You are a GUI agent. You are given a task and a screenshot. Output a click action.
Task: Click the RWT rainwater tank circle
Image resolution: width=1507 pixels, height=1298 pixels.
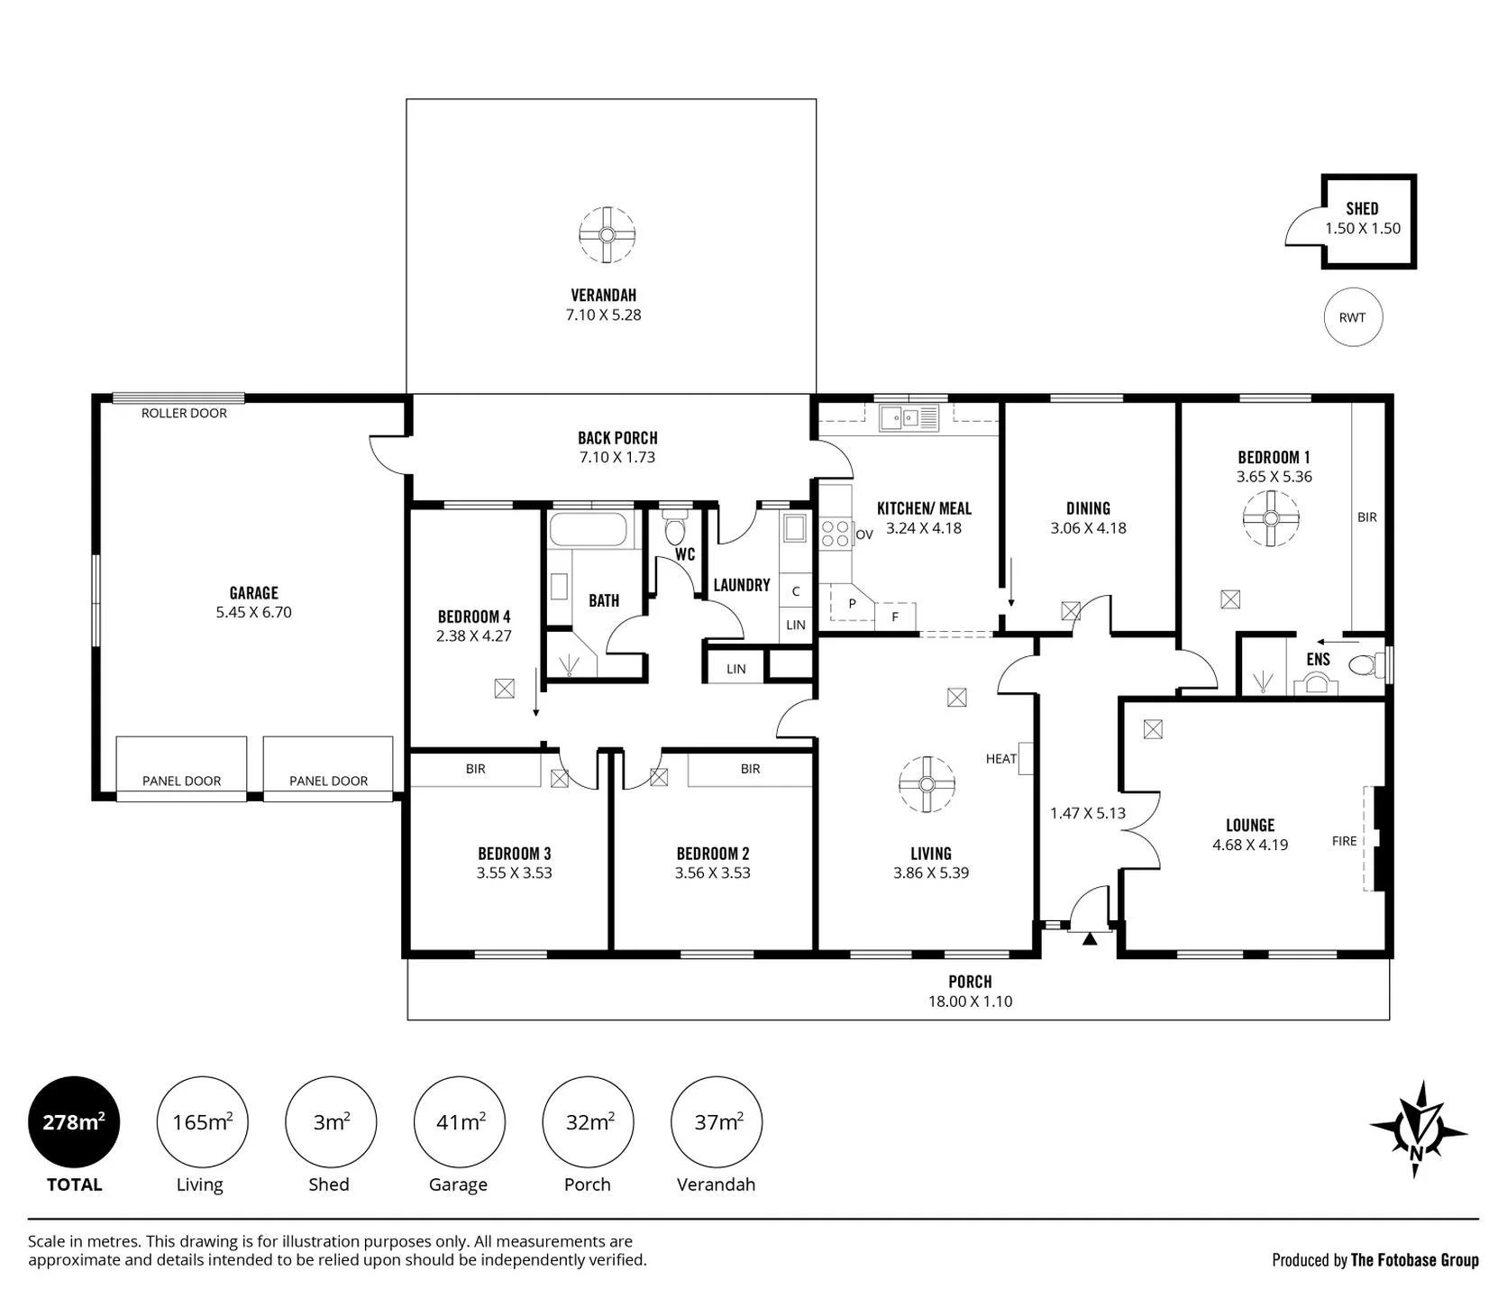(x=1352, y=317)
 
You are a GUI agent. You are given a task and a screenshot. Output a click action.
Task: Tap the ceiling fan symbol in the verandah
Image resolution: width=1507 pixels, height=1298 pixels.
(x=607, y=234)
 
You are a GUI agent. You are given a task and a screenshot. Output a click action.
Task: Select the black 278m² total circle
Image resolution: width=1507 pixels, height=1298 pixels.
(x=74, y=1122)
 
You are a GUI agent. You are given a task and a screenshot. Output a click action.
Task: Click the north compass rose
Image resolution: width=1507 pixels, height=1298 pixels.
(x=1417, y=1129)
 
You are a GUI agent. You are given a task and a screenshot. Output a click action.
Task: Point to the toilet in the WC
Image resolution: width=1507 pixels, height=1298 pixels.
(x=674, y=526)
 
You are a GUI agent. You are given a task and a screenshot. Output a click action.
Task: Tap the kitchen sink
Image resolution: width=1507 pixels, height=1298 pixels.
(x=909, y=417)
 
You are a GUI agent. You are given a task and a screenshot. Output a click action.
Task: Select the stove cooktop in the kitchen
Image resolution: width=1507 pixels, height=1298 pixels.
(x=835, y=534)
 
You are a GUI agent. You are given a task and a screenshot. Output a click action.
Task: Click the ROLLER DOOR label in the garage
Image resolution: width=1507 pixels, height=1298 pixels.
(x=184, y=413)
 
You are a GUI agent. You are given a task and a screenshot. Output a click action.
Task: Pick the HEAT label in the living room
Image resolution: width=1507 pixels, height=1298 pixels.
(x=1000, y=759)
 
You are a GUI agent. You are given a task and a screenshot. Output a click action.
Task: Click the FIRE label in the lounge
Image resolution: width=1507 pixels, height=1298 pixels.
(x=1344, y=841)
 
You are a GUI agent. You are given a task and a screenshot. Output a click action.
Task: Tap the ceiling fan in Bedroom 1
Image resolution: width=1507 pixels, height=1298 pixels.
(x=1271, y=518)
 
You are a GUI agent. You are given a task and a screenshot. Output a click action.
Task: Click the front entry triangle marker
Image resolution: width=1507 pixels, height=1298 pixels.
(x=1090, y=938)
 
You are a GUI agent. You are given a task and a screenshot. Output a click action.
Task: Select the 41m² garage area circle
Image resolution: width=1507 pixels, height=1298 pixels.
(x=459, y=1122)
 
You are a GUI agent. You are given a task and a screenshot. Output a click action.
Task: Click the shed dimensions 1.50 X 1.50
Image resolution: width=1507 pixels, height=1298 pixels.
(x=1363, y=229)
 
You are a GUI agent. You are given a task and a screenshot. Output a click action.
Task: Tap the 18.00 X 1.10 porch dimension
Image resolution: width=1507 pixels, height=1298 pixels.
(x=970, y=1001)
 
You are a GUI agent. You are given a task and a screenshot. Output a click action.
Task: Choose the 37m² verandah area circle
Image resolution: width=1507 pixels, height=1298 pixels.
(x=717, y=1122)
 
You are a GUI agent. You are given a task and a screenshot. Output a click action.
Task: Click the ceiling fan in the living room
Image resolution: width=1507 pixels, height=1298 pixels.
(x=927, y=784)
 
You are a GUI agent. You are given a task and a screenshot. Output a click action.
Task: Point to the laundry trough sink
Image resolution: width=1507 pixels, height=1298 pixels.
(x=794, y=528)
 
